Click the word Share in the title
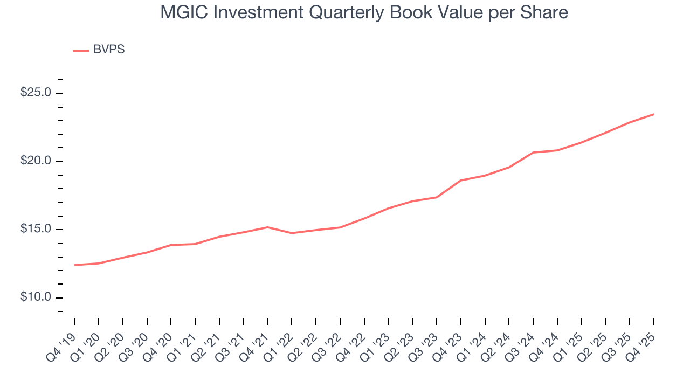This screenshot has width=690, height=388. click(546, 12)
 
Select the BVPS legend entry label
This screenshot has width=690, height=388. click(109, 50)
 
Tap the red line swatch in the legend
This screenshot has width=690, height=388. click(81, 50)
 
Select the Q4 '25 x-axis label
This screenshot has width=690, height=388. click(643, 339)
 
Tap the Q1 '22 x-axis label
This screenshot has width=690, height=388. click(281, 339)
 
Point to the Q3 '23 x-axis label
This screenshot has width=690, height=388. click(426, 339)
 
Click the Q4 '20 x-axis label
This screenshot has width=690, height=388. click(161, 339)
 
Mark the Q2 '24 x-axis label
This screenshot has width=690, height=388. click(499, 339)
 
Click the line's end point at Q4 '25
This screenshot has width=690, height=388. click(653, 114)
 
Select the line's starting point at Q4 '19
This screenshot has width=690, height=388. click(74, 265)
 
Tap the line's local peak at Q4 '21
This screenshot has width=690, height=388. click(267, 227)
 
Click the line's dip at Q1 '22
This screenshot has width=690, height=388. click(292, 233)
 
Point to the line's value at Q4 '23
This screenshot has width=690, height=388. click(461, 181)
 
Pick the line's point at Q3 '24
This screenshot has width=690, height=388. click(533, 153)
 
